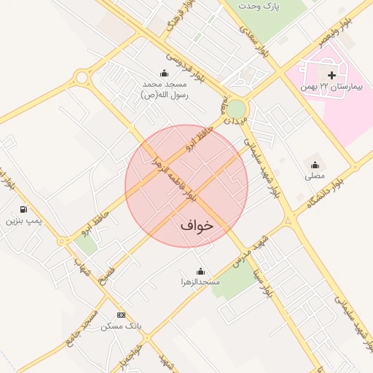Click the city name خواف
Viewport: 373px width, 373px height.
click(197, 226)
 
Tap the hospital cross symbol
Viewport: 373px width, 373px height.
click(331, 75)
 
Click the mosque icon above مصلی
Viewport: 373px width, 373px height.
click(315, 165)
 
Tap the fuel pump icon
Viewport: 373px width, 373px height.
click(25, 208)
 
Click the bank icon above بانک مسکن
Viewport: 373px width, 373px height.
click(121, 315)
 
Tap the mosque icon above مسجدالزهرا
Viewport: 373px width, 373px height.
click(201, 271)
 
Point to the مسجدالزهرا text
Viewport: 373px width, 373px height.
click(200, 281)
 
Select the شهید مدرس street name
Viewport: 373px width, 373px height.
click(248, 251)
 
